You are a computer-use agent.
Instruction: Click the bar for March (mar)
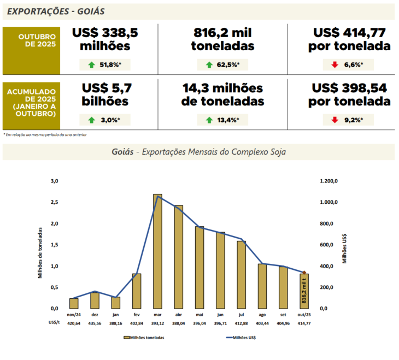point(157,251)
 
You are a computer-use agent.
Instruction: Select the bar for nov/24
point(74,303)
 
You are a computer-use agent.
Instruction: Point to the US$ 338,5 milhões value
point(105,39)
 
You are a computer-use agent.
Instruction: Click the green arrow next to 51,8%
point(91,65)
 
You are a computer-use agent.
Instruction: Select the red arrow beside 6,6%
point(334,65)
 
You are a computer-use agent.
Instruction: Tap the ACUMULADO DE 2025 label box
point(31,102)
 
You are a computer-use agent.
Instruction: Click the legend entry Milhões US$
point(240,338)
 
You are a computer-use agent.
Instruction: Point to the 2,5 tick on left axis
point(54,202)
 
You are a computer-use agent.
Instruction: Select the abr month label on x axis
point(178,315)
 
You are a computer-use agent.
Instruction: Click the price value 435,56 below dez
point(95,323)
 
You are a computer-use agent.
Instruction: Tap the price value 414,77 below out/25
point(304,323)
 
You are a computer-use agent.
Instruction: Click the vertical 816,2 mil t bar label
point(304,290)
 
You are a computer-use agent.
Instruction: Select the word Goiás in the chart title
point(122,152)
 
